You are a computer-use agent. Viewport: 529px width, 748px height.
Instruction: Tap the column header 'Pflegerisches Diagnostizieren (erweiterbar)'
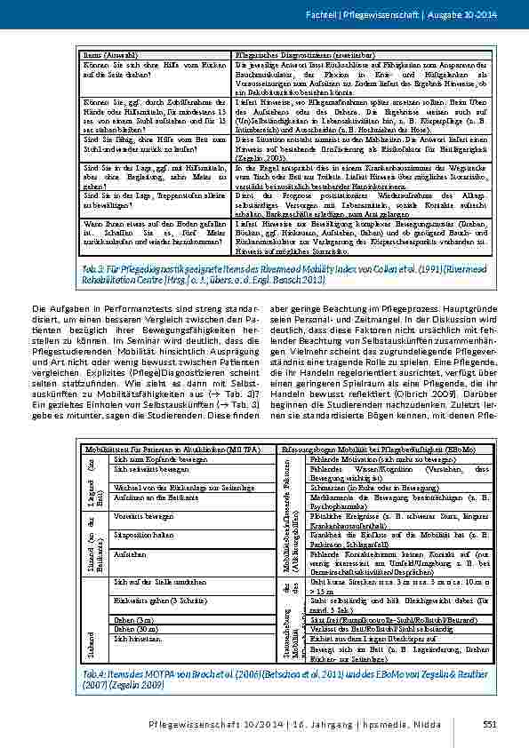[x=290, y=55]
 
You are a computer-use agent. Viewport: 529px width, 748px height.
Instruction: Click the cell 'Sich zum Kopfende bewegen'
[x=149, y=460]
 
